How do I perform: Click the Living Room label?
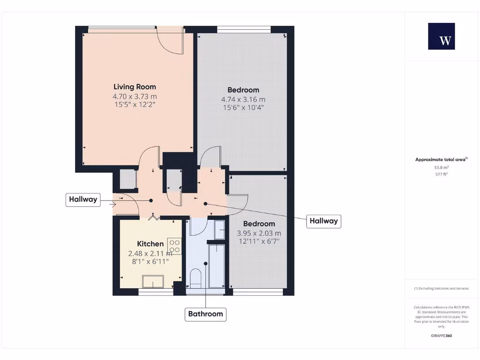pyautogui.click(x=135, y=87)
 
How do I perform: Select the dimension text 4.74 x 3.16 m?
pyautogui.click(x=243, y=99)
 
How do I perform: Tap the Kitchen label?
pyautogui.click(x=150, y=244)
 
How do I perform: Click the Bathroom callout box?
pyautogui.click(x=205, y=314)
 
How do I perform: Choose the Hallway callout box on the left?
pyautogui.click(x=83, y=199)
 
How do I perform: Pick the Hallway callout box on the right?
pyautogui.click(x=323, y=221)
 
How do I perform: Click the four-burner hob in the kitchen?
pyautogui.click(x=174, y=247)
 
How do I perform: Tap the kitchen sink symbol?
pyautogui.click(x=153, y=282)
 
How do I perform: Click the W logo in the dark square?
pyautogui.click(x=441, y=37)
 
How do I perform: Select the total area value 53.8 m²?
pyautogui.click(x=441, y=167)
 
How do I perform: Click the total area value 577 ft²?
pyautogui.click(x=441, y=174)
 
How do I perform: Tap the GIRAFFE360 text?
pyautogui.click(x=441, y=336)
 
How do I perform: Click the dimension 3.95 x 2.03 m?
pyautogui.click(x=259, y=233)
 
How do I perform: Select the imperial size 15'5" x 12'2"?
pyautogui.click(x=135, y=105)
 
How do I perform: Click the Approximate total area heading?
pyautogui.click(x=441, y=159)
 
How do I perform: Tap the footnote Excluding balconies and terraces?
pyautogui.click(x=441, y=288)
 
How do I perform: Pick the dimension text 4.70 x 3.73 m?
pyautogui.click(x=135, y=96)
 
